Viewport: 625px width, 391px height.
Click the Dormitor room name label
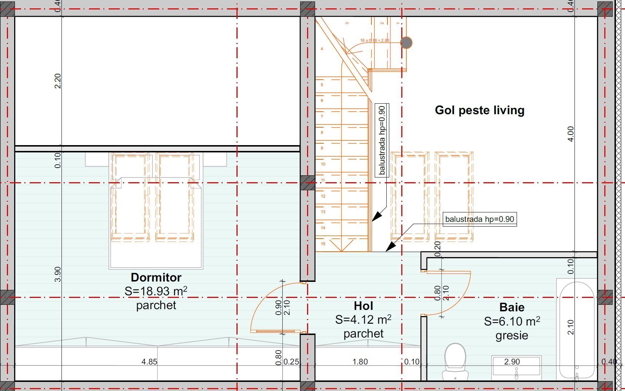coord(156,277)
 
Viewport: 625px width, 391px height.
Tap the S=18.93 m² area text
coord(156,291)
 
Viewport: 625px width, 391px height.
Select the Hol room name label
coord(363,306)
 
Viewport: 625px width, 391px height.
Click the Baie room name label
coord(511,307)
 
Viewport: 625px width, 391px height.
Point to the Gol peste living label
coord(479,110)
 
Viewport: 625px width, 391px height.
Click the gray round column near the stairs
coord(406,43)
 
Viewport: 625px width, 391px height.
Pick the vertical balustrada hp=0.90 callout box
coord(382,140)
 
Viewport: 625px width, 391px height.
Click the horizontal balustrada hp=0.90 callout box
coord(479,219)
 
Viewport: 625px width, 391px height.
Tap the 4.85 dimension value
coord(149,362)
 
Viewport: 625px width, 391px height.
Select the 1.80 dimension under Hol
coord(360,362)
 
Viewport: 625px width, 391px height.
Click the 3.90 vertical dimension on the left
coord(57,274)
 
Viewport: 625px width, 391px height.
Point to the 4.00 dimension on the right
coord(570,134)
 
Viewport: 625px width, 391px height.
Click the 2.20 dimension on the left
coord(57,81)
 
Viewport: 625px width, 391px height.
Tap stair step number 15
coord(323,244)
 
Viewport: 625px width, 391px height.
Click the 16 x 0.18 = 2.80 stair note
coord(375,40)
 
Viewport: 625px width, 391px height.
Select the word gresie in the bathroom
coord(511,335)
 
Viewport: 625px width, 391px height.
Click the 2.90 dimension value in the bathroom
coord(512,362)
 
